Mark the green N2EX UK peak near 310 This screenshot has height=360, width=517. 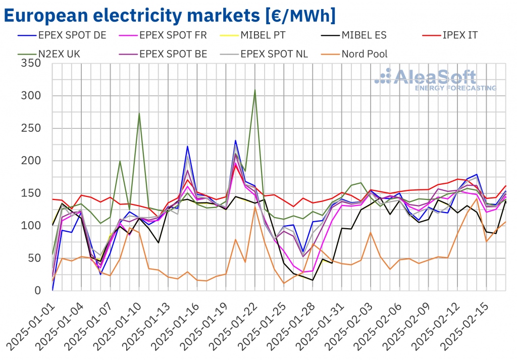tap(255, 90)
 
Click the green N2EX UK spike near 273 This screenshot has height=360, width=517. tap(139, 113)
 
